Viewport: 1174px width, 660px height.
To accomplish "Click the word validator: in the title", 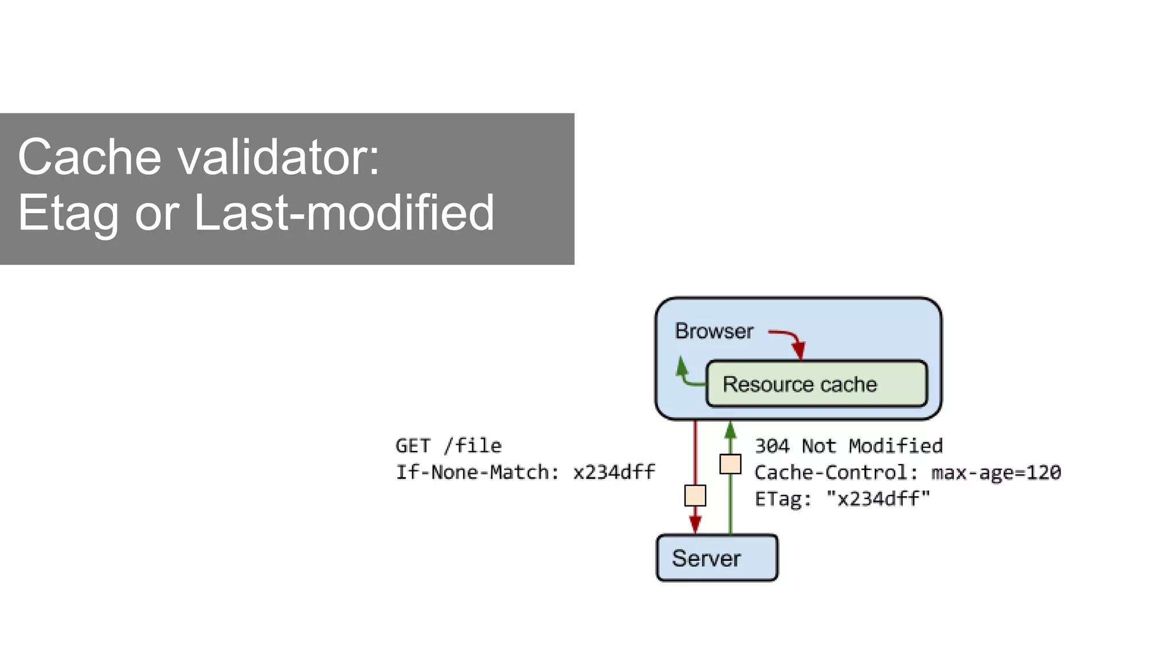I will [x=279, y=157].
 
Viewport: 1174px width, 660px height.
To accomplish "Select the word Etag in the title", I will [x=68, y=213].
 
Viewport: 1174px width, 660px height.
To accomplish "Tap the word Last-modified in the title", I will [x=344, y=213].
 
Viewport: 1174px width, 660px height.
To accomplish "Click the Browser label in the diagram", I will [x=714, y=331].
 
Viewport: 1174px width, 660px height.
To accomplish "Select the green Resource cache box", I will [x=816, y=384].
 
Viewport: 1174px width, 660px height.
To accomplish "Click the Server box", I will [x=717, y=557].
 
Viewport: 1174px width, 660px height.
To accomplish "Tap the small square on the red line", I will [x=695, y=496].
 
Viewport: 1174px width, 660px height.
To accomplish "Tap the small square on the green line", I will [x=730, y=464].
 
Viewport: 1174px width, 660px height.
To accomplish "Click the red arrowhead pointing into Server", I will [x=695, y=524].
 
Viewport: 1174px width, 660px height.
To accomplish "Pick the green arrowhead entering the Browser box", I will [x=730, y=430].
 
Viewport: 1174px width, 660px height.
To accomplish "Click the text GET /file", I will [x=448, y=446].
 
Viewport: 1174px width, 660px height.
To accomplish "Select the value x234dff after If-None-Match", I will [x=613, y=472].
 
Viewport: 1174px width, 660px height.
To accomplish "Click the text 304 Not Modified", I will [x=848, y=446].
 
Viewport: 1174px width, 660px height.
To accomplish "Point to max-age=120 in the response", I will [x=996, y=472].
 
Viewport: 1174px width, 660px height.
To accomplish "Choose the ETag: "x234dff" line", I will [x=842, y=498].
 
